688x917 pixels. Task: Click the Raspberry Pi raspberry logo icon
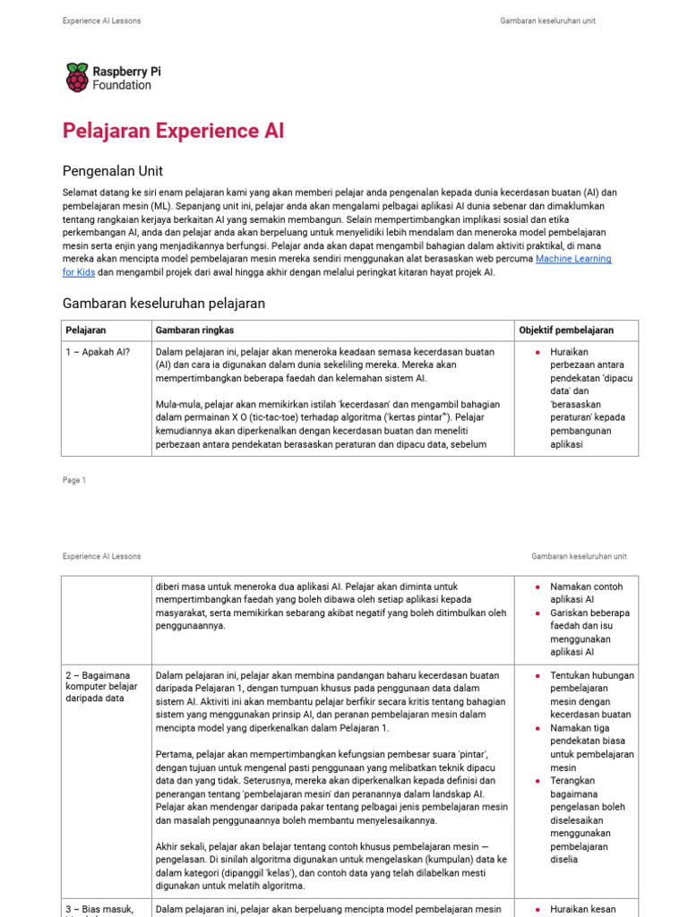point(77,77)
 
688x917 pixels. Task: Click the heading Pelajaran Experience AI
point(173,131)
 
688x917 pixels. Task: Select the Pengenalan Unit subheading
point(113,170)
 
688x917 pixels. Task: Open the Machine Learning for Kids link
point(573,259)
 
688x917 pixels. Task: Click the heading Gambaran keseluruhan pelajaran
point(164,304)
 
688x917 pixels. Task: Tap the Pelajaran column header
point(86,330)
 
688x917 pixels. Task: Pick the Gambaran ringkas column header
point(193,330)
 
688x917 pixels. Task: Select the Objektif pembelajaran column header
point(566,330)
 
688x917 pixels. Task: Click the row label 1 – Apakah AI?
point(98,352)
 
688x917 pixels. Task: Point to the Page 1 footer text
point(74,480)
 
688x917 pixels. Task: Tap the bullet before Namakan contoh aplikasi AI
point(537,587)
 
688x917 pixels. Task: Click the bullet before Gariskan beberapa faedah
point(537,613)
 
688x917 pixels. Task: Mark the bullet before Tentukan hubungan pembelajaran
point(537,676)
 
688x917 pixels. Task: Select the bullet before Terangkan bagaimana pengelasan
point(537,781)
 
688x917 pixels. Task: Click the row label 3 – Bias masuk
point(99,910)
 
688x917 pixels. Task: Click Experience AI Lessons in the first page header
point(101,21)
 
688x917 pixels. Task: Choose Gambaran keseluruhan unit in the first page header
point(547,21)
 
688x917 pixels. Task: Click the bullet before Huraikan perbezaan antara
point(537,353)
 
